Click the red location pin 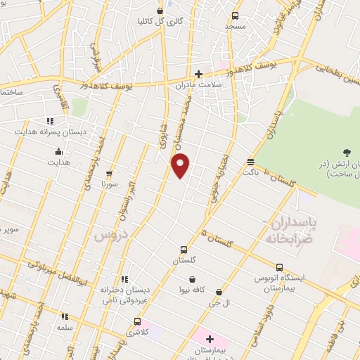pyautogui.click(x=181, y=165)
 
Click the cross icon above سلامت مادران pyautogui.click(x=199, y=74)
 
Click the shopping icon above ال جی pyautogui.click(x=219, y=292)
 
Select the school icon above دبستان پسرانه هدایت pyautogui.click(x=50, y=120)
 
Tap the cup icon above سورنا pyautogui.click(x=108, y=174)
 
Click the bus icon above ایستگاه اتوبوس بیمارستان pyautogui.click(x=280, y=268)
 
